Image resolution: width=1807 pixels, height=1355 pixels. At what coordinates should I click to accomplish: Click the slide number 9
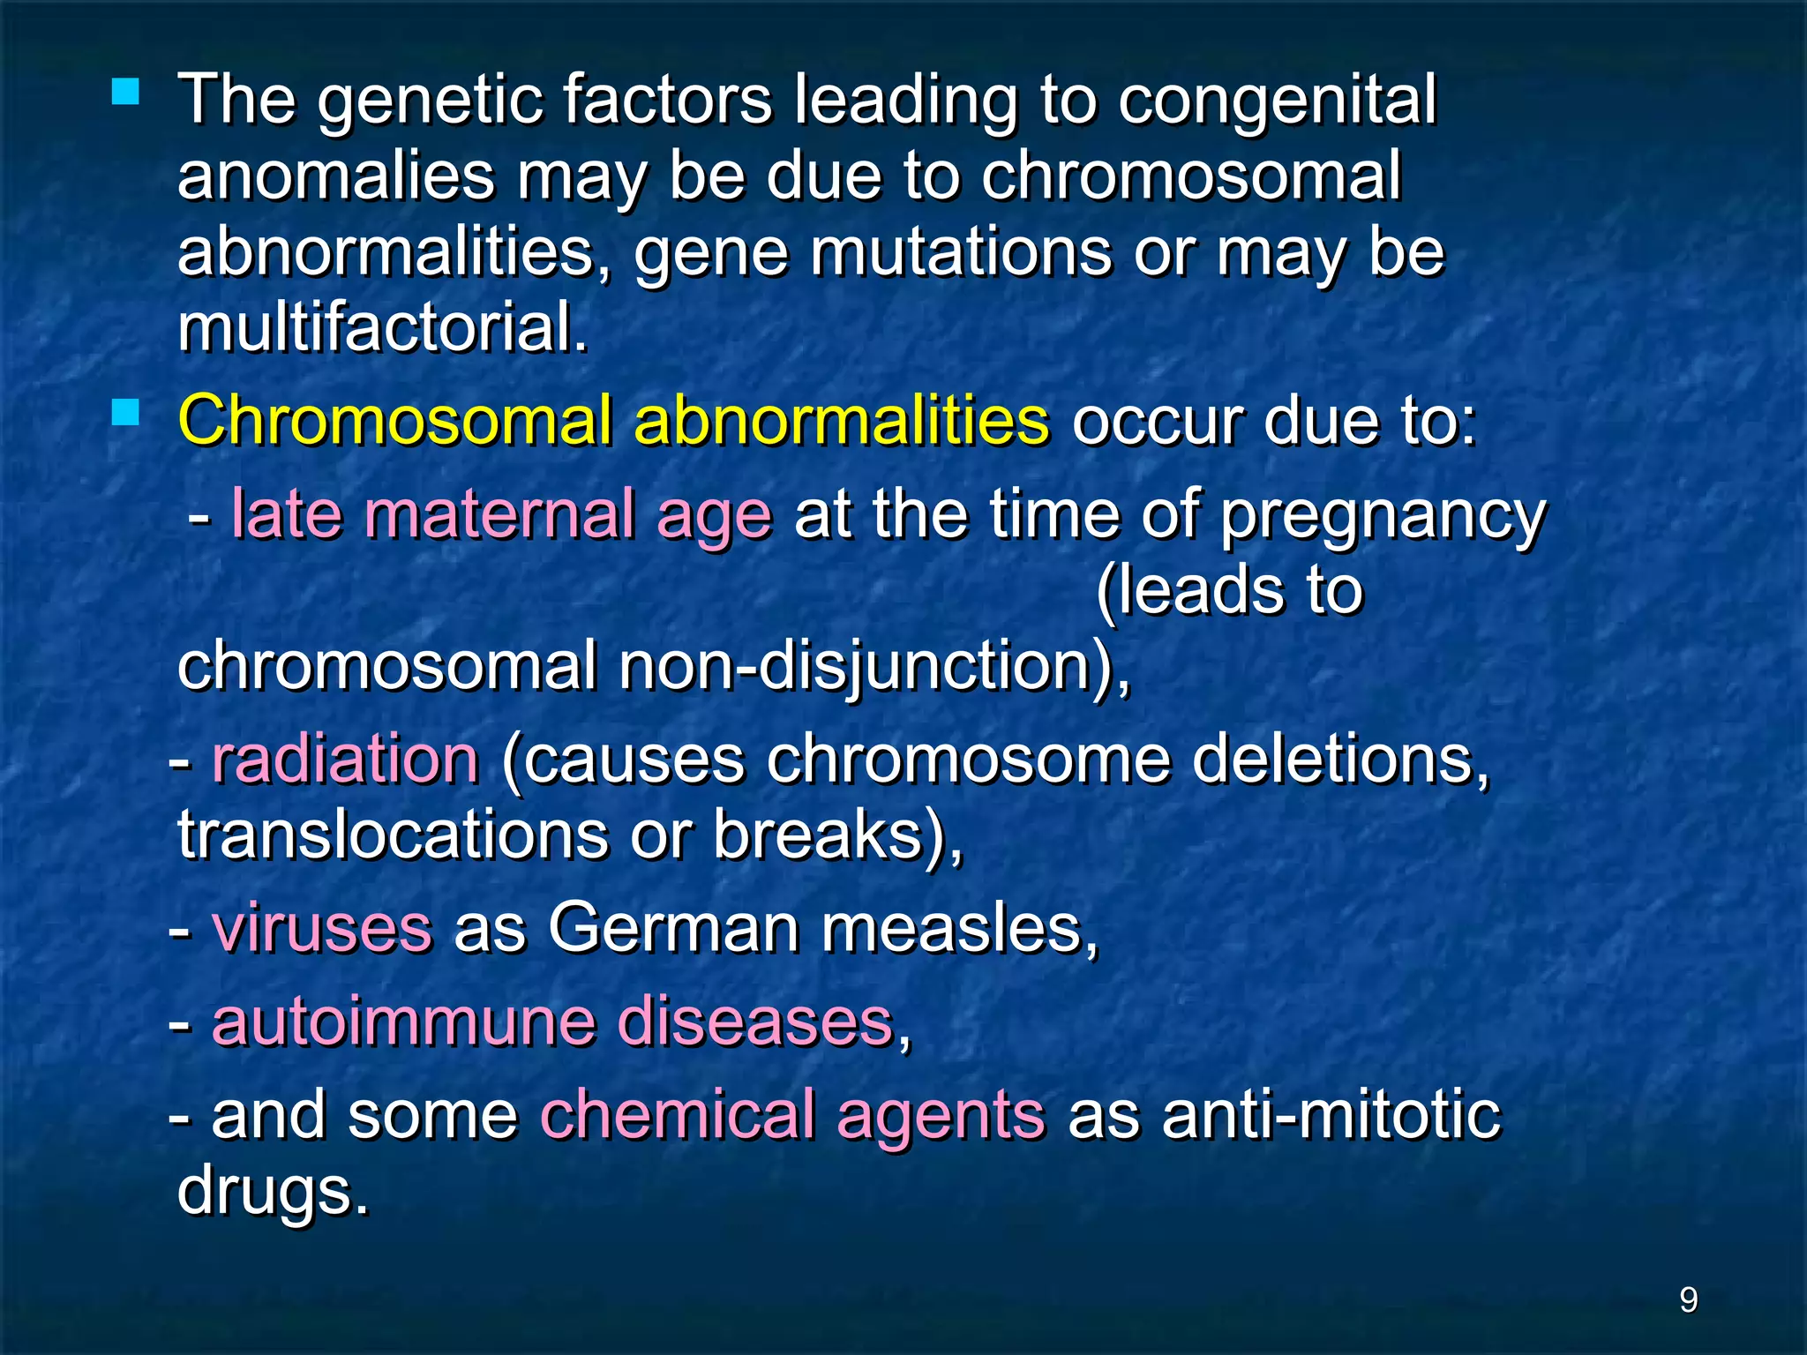tap(1688, 1299)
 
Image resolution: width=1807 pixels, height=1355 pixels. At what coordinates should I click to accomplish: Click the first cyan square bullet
tap(126, 92)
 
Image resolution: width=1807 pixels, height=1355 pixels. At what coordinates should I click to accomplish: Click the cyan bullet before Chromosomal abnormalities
tap(126, 412)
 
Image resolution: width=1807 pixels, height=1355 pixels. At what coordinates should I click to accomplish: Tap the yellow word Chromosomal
tap(394, 420)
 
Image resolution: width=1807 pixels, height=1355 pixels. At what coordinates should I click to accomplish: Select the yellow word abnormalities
tap(842, 420)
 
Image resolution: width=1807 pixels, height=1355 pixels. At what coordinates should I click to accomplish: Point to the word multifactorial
tap(382, 328)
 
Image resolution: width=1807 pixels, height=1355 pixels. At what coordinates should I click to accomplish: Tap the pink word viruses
tap(322, 928)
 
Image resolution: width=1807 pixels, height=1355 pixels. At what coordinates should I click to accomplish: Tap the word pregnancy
tap(1383, 517)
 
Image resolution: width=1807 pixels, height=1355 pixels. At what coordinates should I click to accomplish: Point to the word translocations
tap(393, 835)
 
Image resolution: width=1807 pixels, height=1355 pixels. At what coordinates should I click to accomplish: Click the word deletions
tap(1340, 759)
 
